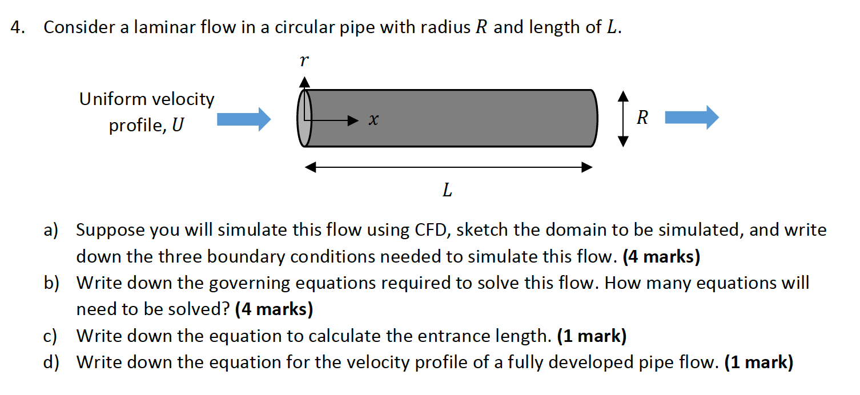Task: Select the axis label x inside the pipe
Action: tap(373, 120)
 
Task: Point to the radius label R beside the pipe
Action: tap(642, 118)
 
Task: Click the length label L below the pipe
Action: tap(447, 191)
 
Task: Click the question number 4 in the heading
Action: tap(17, 27)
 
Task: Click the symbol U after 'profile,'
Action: tap(178, 125)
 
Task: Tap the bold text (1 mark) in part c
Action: tap(592, 336)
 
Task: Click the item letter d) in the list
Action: tap(51, 362)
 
